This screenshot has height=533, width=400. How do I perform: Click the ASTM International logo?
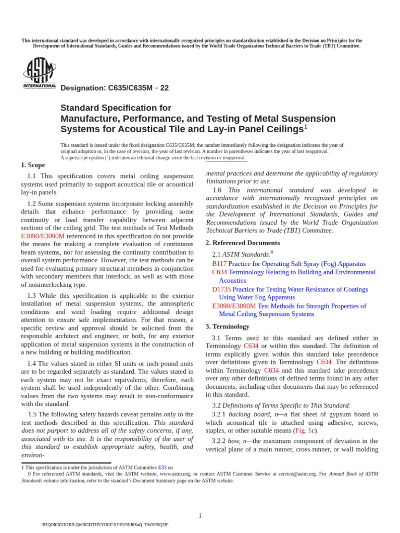tap(40, 73)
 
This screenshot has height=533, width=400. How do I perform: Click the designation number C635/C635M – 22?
tap(114, 88)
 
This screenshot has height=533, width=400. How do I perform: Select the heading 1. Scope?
tap(33, 165)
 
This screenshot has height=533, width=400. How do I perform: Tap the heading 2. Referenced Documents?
tap(243, 243)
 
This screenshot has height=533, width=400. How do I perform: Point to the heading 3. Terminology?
tap(228, 327)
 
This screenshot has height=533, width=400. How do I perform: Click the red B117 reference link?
tap(219, 264)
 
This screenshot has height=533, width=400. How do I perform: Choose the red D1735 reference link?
tap(221, 289)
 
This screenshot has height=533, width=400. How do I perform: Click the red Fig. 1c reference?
tap(305, 430)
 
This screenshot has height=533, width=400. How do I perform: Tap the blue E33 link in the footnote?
tap(162, 467)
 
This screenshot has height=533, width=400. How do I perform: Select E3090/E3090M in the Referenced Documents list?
tap(234, 306)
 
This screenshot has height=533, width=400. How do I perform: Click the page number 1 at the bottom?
tap(200, 516)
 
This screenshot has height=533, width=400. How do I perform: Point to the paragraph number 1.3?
tap(32, 296)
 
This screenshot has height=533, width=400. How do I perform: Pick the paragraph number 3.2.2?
tap(219, 441)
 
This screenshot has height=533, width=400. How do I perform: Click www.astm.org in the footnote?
tap(174, 474)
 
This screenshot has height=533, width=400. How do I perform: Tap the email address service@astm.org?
tap(297, 474)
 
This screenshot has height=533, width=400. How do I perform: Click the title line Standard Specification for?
tap(116, 108)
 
